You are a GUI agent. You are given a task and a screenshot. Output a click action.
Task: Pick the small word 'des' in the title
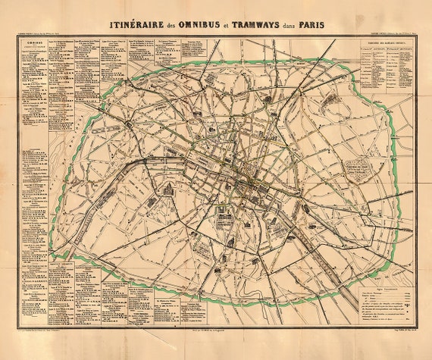(x=177, y=25)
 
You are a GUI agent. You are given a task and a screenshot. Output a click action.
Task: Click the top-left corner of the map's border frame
(x=17, y=38)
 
